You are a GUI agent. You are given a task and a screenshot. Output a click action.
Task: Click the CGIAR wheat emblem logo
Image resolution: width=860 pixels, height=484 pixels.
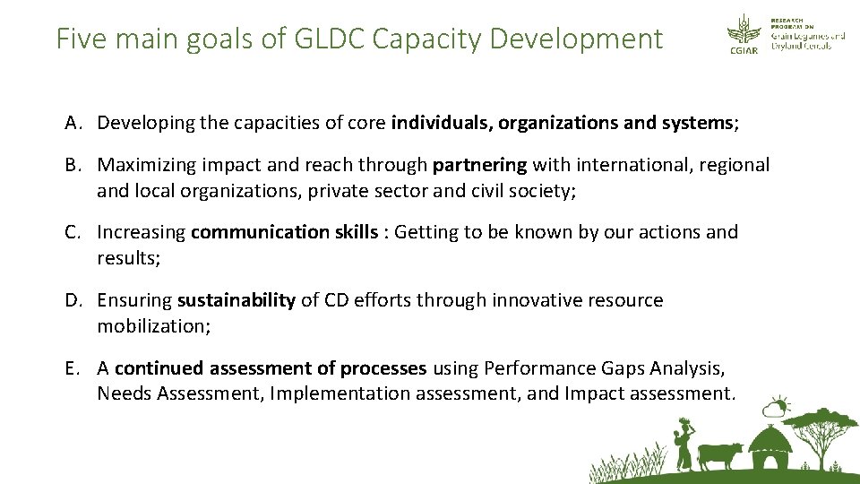tap(742, 32)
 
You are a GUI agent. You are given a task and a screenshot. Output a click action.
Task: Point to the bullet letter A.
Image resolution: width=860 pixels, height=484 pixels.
tap(72, 123)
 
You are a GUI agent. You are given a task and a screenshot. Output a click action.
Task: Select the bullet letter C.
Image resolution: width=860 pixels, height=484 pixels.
tap(72, 232)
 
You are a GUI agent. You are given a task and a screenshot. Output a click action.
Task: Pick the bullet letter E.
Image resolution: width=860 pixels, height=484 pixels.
tap(71, 368)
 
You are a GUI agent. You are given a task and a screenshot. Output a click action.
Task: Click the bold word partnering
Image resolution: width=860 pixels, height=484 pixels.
tap(480, 165)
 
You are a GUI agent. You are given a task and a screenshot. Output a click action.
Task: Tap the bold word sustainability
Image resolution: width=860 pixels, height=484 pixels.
tap(236, 300)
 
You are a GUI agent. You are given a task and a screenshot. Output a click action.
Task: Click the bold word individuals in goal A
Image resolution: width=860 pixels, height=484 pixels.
tap(441, 123)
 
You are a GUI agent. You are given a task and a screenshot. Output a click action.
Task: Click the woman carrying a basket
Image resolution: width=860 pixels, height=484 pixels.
tap(684, 441)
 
